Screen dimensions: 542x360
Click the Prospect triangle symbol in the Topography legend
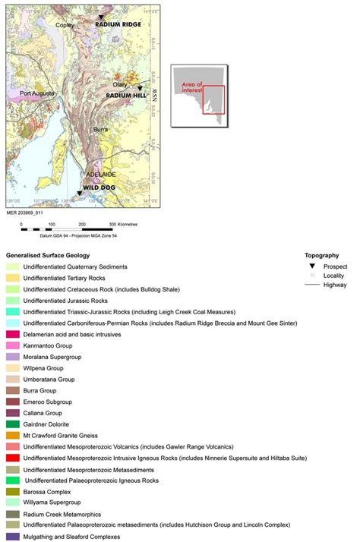[311, 266]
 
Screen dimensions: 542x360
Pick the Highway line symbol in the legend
[311, 285]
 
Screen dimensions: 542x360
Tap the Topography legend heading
[322, 256]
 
